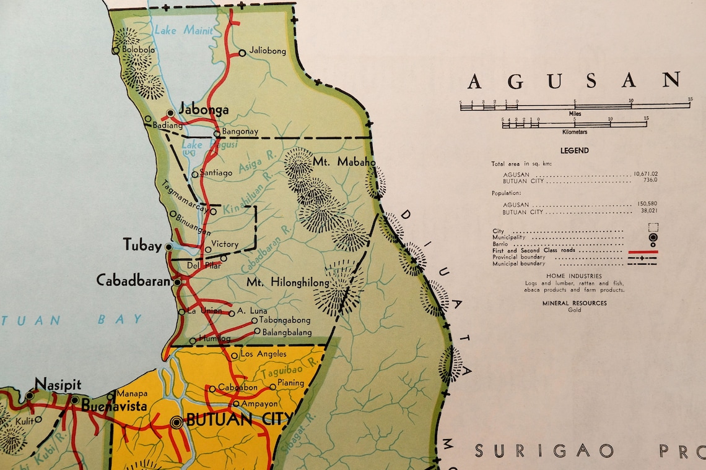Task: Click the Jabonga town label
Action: pyautogui.click(x=203, y=110)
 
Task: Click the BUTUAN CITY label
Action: pyautogui.click(x=238, y=420)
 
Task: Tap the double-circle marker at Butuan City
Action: pyautogui.click(x=176, y=422)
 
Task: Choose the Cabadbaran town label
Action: pyautogui.click(x=133, y=280)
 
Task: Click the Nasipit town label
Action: pyautogui.click(x=58, y=385)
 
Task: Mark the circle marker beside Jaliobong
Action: pyautogui.click(x=242, y=53)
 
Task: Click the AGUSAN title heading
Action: pyautogui.click(x=573, y=80)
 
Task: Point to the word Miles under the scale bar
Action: pyautogui.click(x=574, y=114)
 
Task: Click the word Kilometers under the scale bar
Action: pyautogui.click(x=574, y=132)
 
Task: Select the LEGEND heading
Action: pyautogui.click(x=574, y=150)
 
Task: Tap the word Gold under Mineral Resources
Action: pyautogui.click(x=574, y=310)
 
